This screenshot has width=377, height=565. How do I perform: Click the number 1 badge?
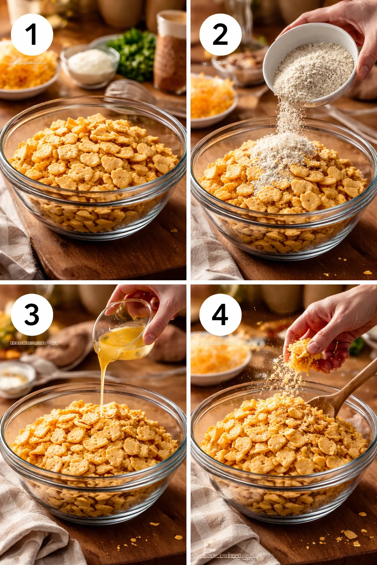32,35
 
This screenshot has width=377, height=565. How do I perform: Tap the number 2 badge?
220,35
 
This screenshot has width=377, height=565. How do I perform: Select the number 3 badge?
32,315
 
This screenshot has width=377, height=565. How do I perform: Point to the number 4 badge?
220,315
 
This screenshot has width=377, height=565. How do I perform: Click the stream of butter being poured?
102,383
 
